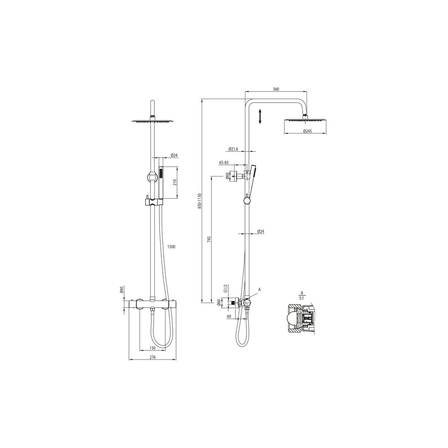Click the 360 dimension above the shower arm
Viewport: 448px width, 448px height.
276,89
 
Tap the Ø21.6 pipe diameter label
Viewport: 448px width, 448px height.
234,149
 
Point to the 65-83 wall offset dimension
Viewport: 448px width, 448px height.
224,163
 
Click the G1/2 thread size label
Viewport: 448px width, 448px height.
225,289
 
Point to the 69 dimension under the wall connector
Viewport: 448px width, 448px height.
228,317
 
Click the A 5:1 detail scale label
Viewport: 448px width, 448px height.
302,296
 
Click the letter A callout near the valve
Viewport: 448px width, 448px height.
259,289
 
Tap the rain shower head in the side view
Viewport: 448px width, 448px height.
305,121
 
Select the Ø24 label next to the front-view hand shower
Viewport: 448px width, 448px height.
174,155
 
